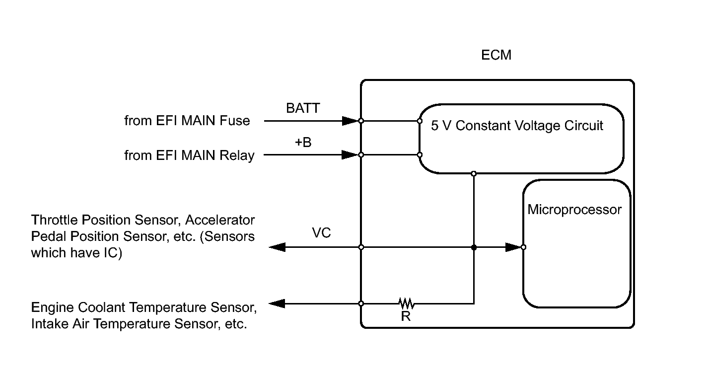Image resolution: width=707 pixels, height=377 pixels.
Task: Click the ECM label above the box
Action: pyautogui.click(x=496, y=55)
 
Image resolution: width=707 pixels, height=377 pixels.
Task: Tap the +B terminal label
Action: pyautogui.click(x=303, y=143)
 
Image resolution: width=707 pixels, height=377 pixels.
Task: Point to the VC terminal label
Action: pyautogui.click(x=321, y=233)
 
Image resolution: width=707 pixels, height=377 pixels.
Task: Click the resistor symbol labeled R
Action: pyautogui.click(x=406, y=303)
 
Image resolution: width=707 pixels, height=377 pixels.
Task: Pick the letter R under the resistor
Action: pyautogui.click(x=406, y=316)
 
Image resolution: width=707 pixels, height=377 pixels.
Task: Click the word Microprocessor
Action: pyautogui.click(x=574, y=210)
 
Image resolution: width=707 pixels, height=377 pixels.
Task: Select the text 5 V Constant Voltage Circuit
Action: pyautogui.click(x=517, y=126)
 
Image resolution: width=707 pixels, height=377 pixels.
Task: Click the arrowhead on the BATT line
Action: pyautogui.click(x=350, y=121)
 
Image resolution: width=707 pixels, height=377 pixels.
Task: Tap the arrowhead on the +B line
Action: pyautogui.click(x=350, y=155)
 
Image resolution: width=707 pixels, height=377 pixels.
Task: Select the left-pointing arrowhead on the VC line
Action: pyautogui.click(x=277, y=247)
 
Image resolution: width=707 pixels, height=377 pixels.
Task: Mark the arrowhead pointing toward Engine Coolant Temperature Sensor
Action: pyautogui.click(x=277, y=303)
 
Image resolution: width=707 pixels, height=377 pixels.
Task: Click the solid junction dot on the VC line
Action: pyautogui.click(x=474, y=247)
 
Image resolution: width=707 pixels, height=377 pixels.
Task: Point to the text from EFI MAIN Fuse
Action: pyautogui.click(x=187, y=121)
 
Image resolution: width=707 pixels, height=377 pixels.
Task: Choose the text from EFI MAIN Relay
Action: pyautogui.click(x=189, y=155)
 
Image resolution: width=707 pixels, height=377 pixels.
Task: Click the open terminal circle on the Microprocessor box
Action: pyautogui.click(x=523, y=247)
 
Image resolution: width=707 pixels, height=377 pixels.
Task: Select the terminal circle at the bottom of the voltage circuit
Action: pyautogui.click(x=474, y=173)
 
